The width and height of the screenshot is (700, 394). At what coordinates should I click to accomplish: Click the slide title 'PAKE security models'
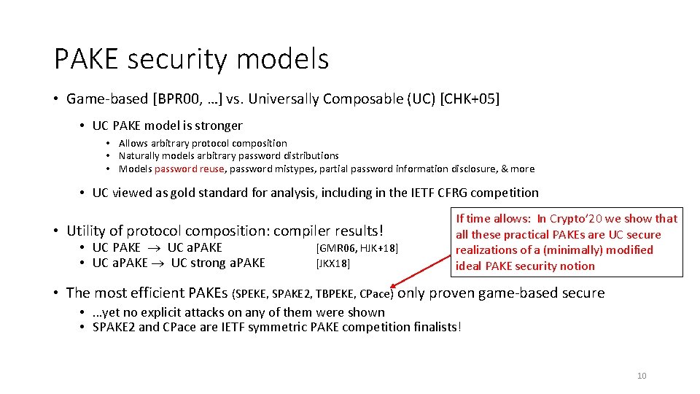[x=191, y=59]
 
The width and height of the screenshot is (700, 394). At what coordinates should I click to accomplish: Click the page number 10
[x=642, y=376]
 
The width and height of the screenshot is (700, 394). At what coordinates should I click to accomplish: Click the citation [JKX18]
[x=332, y=263]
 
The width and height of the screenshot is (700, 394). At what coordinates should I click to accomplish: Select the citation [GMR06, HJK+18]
[x=357, y=248]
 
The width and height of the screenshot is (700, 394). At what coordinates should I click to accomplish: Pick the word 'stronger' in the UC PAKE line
[x=217, y=125]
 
